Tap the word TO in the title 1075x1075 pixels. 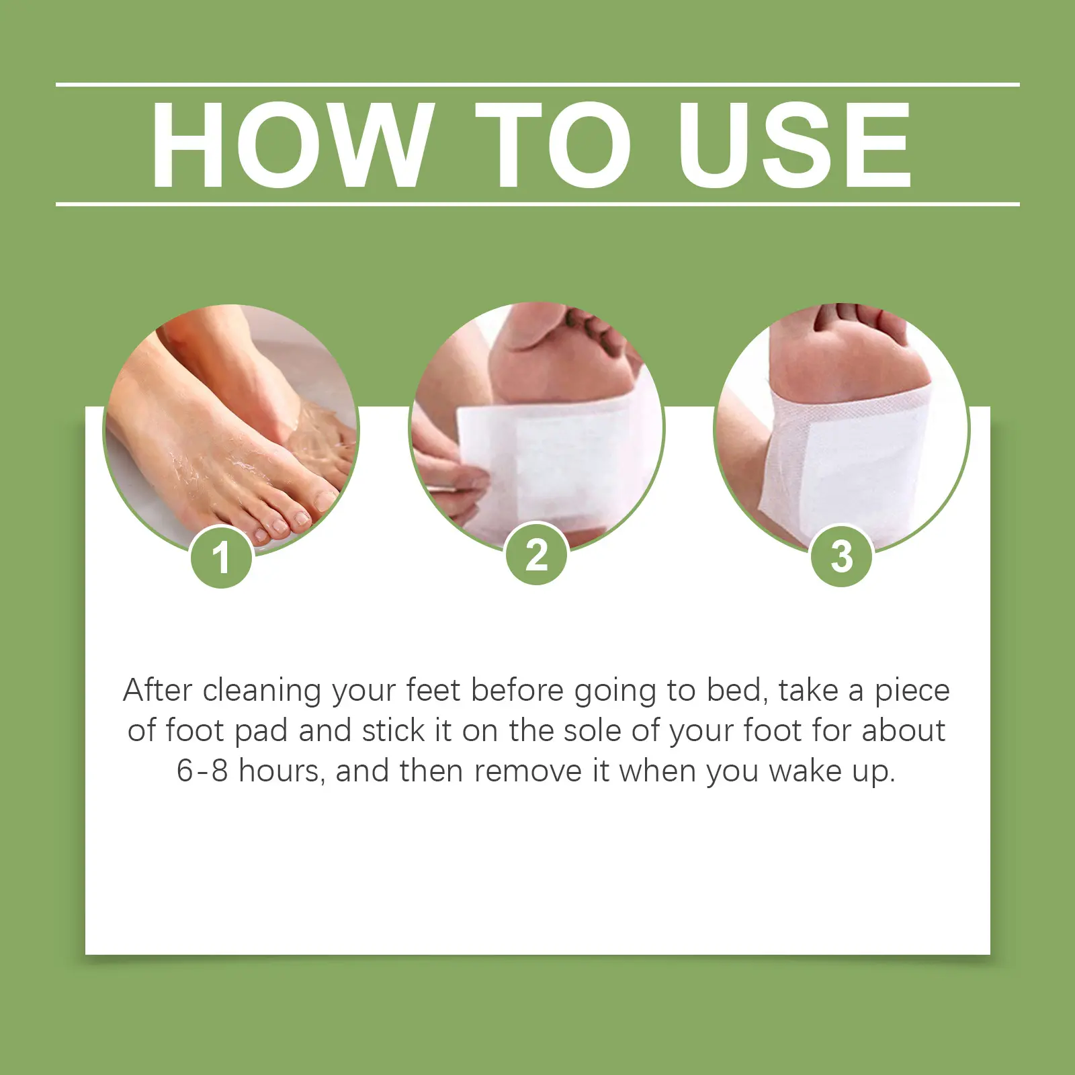pos(552,144)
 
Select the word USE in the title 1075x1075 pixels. pos(795,144)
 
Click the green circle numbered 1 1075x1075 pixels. pos(221,558)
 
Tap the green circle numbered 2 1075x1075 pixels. pos(537,556)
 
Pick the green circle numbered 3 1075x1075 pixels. pos(842,556)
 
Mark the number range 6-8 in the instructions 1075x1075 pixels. pos(202,771)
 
